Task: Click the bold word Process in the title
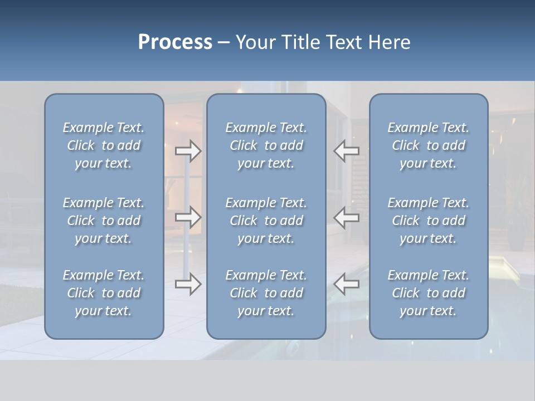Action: pyautogui.click(x=175, y=42)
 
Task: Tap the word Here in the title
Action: pyautogui.click(x=389, y=42)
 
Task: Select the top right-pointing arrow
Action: pyautogui.click(x=188, y=151)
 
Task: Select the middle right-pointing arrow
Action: pyautogui.click(x=188, y=217)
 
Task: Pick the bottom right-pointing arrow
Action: pyautogui.click(x=188, y=283)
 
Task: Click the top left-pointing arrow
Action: pyautogui.click(x=347, y=151)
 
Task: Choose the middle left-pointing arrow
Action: pyautogui.click(x=347, y=217)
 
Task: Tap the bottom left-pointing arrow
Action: pyautogui.click(x=347, y=283)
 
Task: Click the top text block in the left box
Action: pyautogui.click(x=104, y=145)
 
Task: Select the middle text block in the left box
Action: pyautogui.click(x=104, y=221)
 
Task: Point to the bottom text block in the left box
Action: pyautogui.click(x=104, y=293)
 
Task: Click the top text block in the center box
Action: pyautogui.click(x=266, y=145)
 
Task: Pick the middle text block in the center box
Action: pyautogui.click(x=266, y=221)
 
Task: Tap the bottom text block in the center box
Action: pyautogui.click(x=266, y=293)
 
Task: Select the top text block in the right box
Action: pyautogui.click(x=428, y=145)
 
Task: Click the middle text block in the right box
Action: pyautogui.click(x=428, y=221)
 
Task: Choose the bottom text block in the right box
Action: pyautogui.click(x=428, y=293)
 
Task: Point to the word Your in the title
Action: pyautogui.click(x=255, y=42)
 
